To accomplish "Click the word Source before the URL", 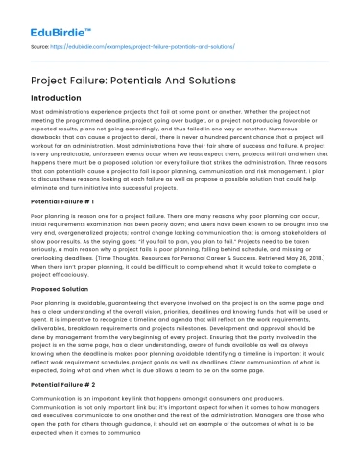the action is click(42, 45).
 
